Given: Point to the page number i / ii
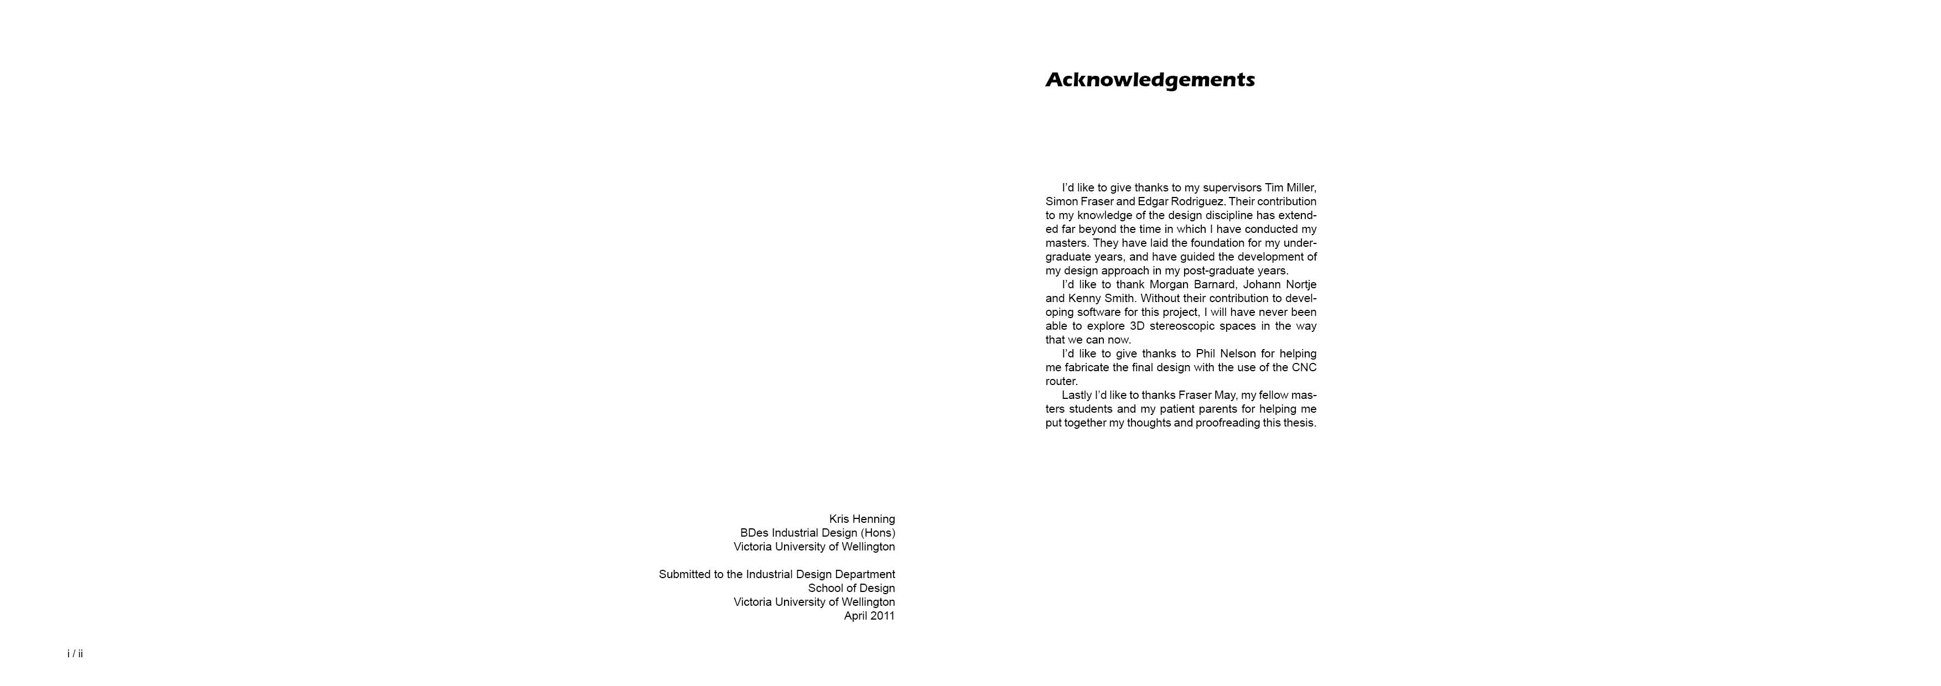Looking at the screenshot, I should [x=75, y=653].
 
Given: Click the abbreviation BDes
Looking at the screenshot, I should [x=754, y=532].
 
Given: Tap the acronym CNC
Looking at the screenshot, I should [x=1304, y=367].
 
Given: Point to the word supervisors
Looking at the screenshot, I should [x=1232, y=188].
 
